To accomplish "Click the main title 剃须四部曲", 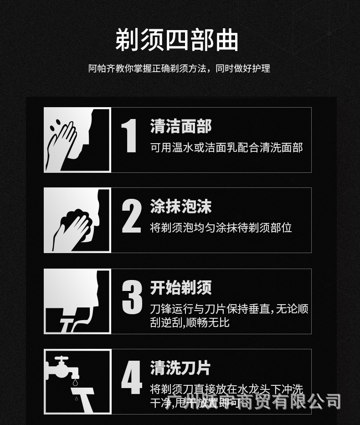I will (x=177, y=40).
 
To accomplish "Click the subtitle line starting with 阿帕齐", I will (x=179, y=68).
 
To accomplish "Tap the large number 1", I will (x=129, y=135).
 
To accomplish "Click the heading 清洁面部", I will (x=181, y=126).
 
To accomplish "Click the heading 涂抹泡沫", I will (x=181, y=207).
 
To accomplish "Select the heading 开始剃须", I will (x=181, y=288).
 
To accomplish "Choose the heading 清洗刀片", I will (x=181, y=368).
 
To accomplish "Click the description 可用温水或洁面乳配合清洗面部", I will (x=226, y=147).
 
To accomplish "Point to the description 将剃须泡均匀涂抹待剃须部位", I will (x=221, y=228).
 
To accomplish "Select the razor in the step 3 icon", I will (x=68, y=324).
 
